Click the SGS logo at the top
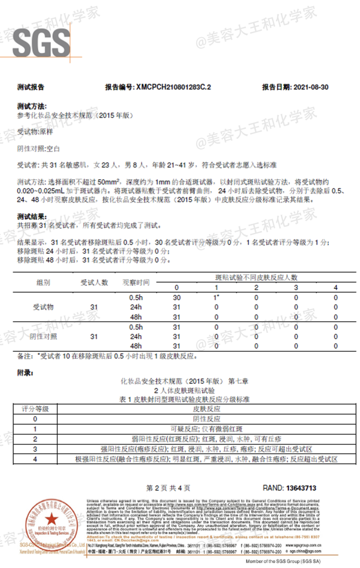coord(41,43)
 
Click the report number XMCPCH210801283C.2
coord(173,87)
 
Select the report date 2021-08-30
coord(311,87)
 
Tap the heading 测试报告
coord(31,87)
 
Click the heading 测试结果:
coord(32,217)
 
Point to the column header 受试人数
coord(94,283)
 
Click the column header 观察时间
coord(136,283)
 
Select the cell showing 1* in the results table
coord(216,297)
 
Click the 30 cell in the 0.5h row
coord(177,297)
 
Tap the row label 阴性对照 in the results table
coord(43,336)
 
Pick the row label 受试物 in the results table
coord(43,307)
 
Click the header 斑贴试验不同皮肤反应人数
coord(256,278)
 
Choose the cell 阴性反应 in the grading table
coord(207,419)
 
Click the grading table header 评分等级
coord(35,409)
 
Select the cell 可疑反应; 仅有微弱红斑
coord(207,429)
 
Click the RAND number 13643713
coord(301,488)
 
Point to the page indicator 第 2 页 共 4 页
coord(168,488)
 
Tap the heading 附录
coord(25,373)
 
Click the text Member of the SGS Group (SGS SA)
coord(283,561)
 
